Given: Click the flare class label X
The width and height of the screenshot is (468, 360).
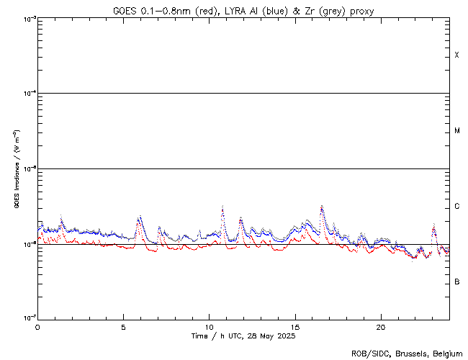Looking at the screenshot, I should pyautogui.click(x=456, y=55).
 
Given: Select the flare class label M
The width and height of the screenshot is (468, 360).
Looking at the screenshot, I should pyautogui.click(x=456, y=131).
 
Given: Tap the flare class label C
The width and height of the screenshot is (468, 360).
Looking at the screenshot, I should pyautogui.click(x=456, y=207).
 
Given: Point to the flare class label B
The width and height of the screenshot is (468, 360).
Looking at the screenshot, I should pyautogui.click(x=456, y=282).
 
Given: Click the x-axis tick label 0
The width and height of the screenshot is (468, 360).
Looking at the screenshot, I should pyautogui.click(x=37, y=326).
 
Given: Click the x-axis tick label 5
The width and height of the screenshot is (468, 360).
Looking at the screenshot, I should pyautogui.click(x=123, y=326).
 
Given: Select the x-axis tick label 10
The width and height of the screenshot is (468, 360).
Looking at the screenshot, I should pyautogui.click(x=209, y=326).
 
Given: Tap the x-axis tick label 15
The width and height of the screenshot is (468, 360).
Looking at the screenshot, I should pyautogui.click(x=295, y=326).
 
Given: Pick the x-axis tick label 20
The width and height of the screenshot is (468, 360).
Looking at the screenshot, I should pyautogui.click(x=381, y=326).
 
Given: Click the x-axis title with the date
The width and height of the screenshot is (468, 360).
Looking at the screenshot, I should pyautogui.click(x=243, y=336).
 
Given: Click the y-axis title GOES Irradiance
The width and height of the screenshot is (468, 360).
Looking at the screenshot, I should pyautogui.click(x=16, y=169).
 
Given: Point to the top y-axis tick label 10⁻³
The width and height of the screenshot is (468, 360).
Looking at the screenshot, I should pyautogui.click(x=27, y=19).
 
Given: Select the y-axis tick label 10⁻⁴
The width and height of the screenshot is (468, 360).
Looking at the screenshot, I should pyautogui.click(x=27, y=94).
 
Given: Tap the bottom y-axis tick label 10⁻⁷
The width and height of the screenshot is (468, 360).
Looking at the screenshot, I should pyautogui.click(x=27, y=318).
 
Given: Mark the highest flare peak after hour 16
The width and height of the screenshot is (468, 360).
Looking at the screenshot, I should pyautogui.click(x=321, y=207).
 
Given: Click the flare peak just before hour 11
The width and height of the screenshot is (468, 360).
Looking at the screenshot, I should pyautogui.click(x=222, y=207).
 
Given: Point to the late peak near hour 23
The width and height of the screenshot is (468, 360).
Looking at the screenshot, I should pyautogui.click(x=433, y=225).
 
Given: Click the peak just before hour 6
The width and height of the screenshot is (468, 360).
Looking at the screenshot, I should pyautogui.click(x=139, y=217).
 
